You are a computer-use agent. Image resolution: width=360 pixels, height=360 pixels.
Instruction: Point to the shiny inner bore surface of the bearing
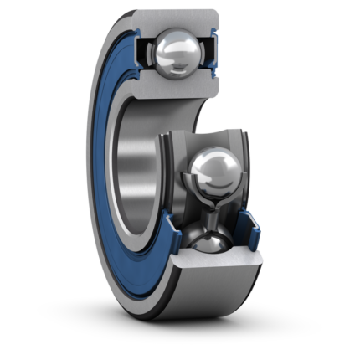(134, 167)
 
